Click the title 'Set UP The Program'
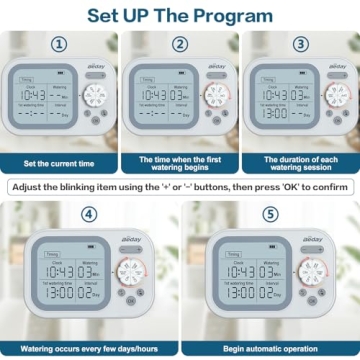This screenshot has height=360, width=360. point(180,15)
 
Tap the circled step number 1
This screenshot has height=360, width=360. point(59,44)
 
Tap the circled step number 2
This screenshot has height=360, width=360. point(179,44)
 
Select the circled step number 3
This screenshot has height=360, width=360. point(299,44)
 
